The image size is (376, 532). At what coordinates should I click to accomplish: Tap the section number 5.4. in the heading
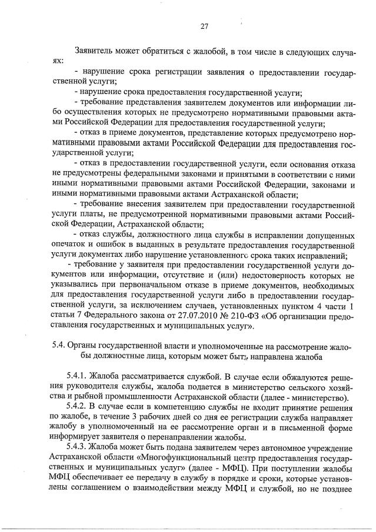(x=58, y=346)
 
